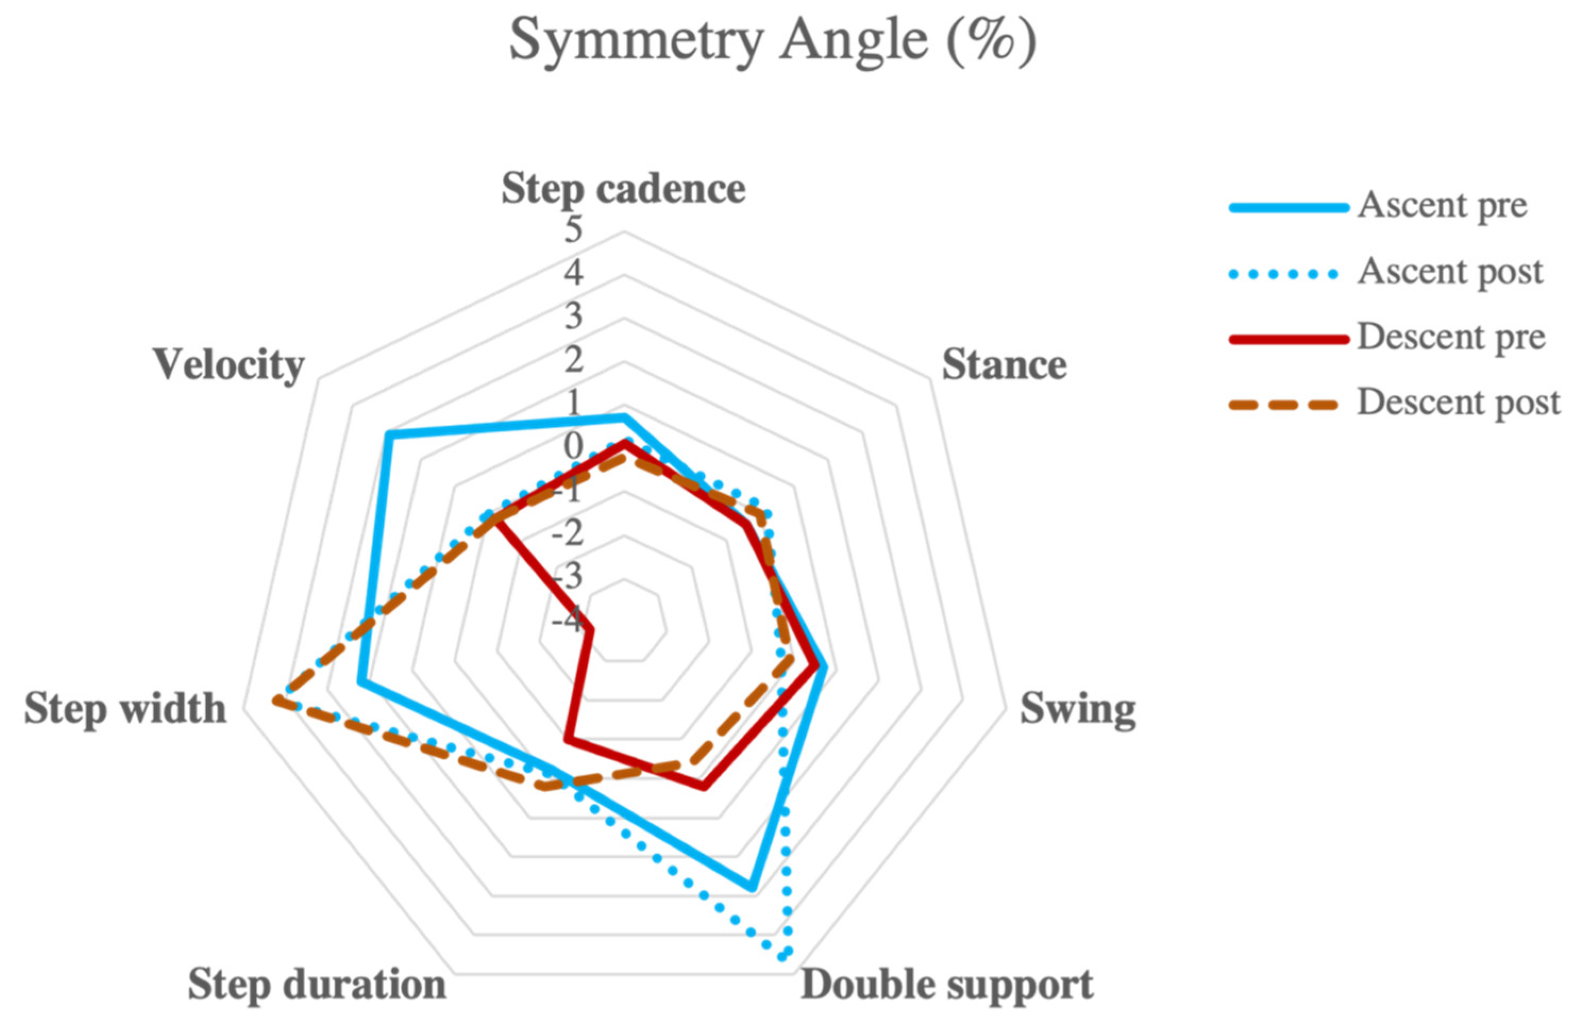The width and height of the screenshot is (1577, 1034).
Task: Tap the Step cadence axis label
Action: click(x=623, y=189)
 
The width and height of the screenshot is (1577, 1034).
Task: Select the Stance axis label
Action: click(x=1004, y=365)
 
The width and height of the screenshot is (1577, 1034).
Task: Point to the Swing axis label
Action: click(x=1077, y=709)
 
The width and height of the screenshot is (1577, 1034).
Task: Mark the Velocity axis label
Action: click(x=229, y=365)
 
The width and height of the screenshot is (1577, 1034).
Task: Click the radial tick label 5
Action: click(x=573, y=231)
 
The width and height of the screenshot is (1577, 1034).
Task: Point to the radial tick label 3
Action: click(x=573, y=317)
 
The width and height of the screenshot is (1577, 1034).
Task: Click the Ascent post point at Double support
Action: click(x=782, y=956)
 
